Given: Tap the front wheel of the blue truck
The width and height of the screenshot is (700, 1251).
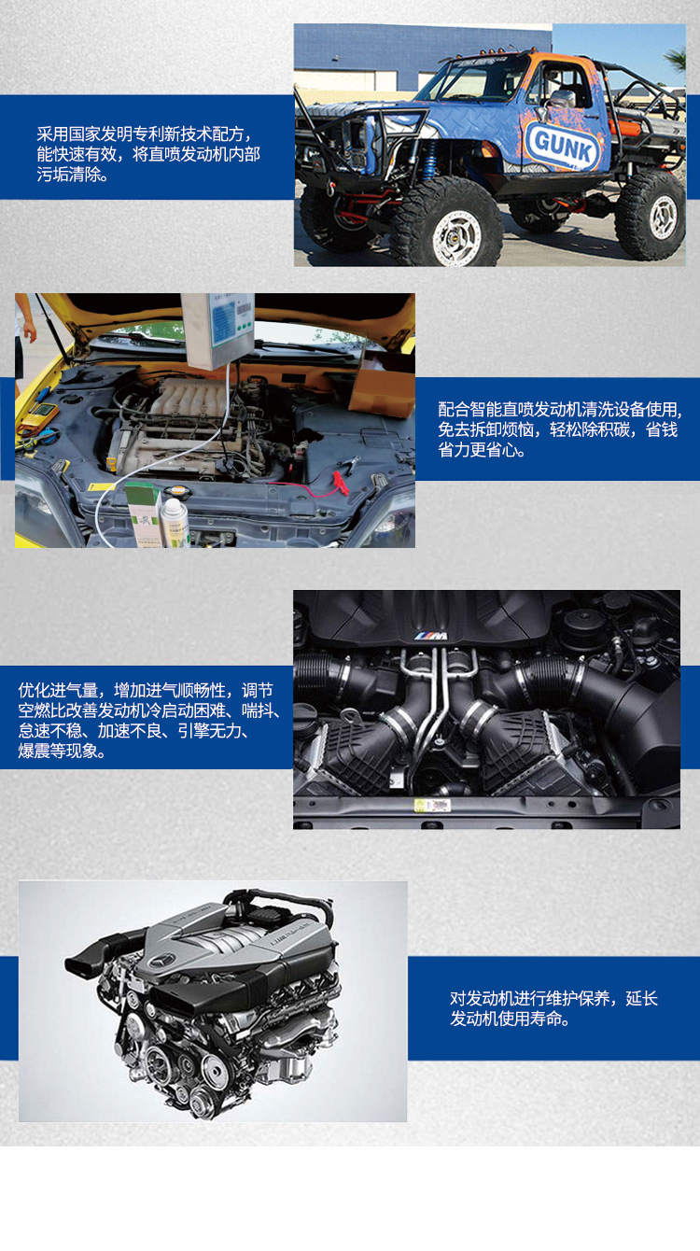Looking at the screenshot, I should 441,221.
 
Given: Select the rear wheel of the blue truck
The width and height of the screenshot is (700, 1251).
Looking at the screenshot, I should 651,214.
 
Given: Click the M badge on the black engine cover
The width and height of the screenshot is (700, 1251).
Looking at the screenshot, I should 431,636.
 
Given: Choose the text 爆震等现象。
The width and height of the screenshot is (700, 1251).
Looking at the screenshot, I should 63,752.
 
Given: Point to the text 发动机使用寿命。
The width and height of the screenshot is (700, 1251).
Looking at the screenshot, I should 510,1019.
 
